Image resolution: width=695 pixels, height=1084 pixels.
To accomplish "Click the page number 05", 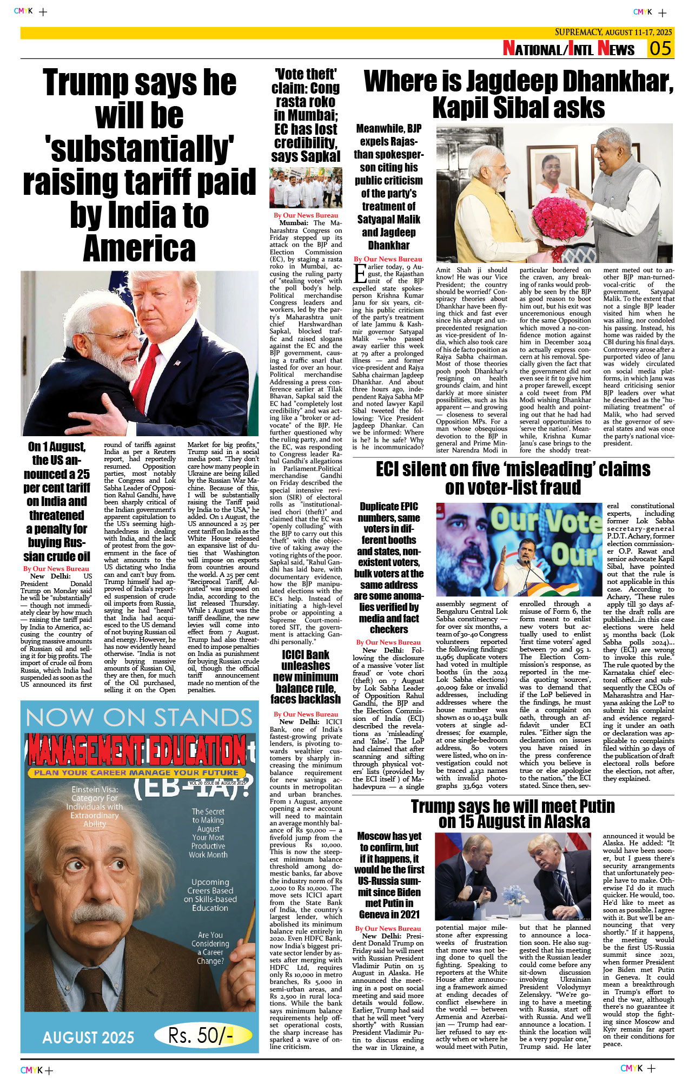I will coord(660,48).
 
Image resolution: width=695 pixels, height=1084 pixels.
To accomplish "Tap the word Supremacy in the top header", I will coord(578,32).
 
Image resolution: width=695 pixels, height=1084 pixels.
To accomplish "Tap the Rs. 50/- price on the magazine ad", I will coord(200,1036).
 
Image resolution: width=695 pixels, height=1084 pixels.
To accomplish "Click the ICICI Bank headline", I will coord(306,676).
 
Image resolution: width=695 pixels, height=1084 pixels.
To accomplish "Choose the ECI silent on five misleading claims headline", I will coord(513,478).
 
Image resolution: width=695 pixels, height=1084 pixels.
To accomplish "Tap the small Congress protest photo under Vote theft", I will coord(306,188).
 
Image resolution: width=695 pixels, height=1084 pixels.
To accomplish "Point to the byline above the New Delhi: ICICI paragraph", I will coord(306,714).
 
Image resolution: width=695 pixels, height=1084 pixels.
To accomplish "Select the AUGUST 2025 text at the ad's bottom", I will coord(88,1037).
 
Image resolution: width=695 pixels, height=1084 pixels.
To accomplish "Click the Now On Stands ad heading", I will coord(139,718).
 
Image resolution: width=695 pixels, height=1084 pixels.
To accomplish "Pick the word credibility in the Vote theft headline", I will coord(306,143).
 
